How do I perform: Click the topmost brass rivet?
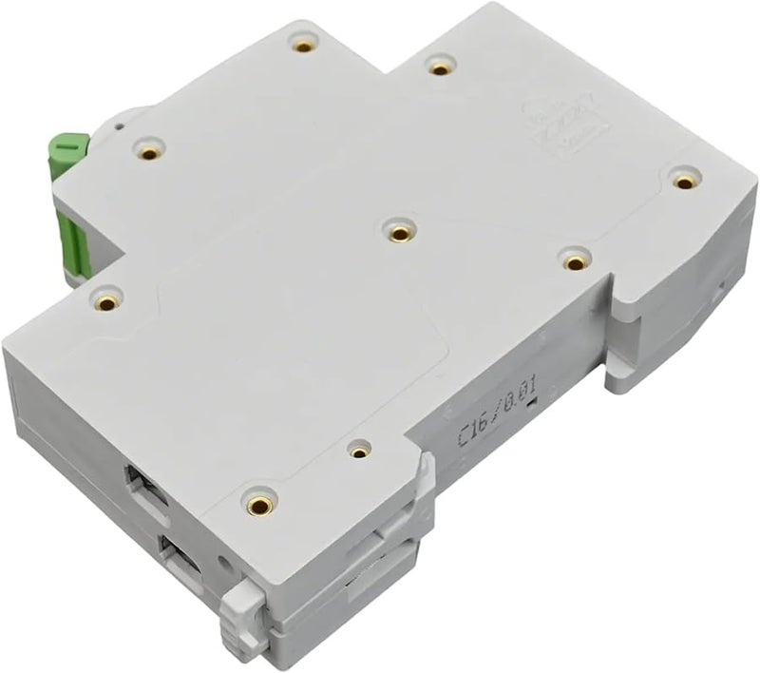pos(303,45)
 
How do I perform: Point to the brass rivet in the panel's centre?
pos(399,231)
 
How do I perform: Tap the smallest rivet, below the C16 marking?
pos(358,450)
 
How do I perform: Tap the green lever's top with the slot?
pos(70,146)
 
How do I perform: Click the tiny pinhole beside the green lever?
pos(117,124)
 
